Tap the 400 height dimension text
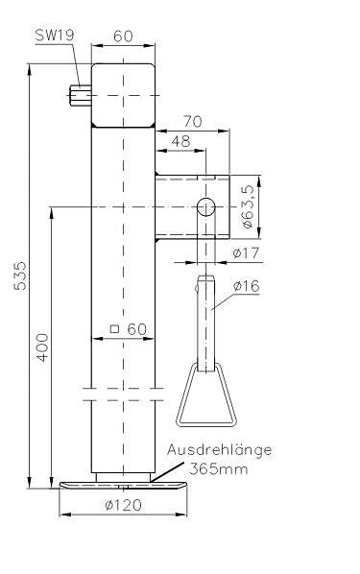pyautogui.click(x=41, y=347)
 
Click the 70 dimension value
pyautogui.click(x=191, y=121)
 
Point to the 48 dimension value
pyautogui.click(x=179, y=141)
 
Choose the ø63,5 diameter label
pyautogui.click(x=247, y=205)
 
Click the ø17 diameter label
pyautogui.click(x=247, y=253)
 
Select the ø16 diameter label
pyautogui.click(x=247, y=285)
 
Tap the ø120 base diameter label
pyautogui.click(x=123, y=505)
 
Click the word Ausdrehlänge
pyautogui.click(x=219, y=449)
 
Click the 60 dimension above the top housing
pyautogui.click(x=123, y=36)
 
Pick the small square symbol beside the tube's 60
pyautogui.click(x=114, y=329)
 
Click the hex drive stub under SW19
pyautogui.click(x=80, y=95)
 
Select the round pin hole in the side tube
pyautogui.click(x=204, y=205)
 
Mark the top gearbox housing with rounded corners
pyautogui.click(x=123, y=95)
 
